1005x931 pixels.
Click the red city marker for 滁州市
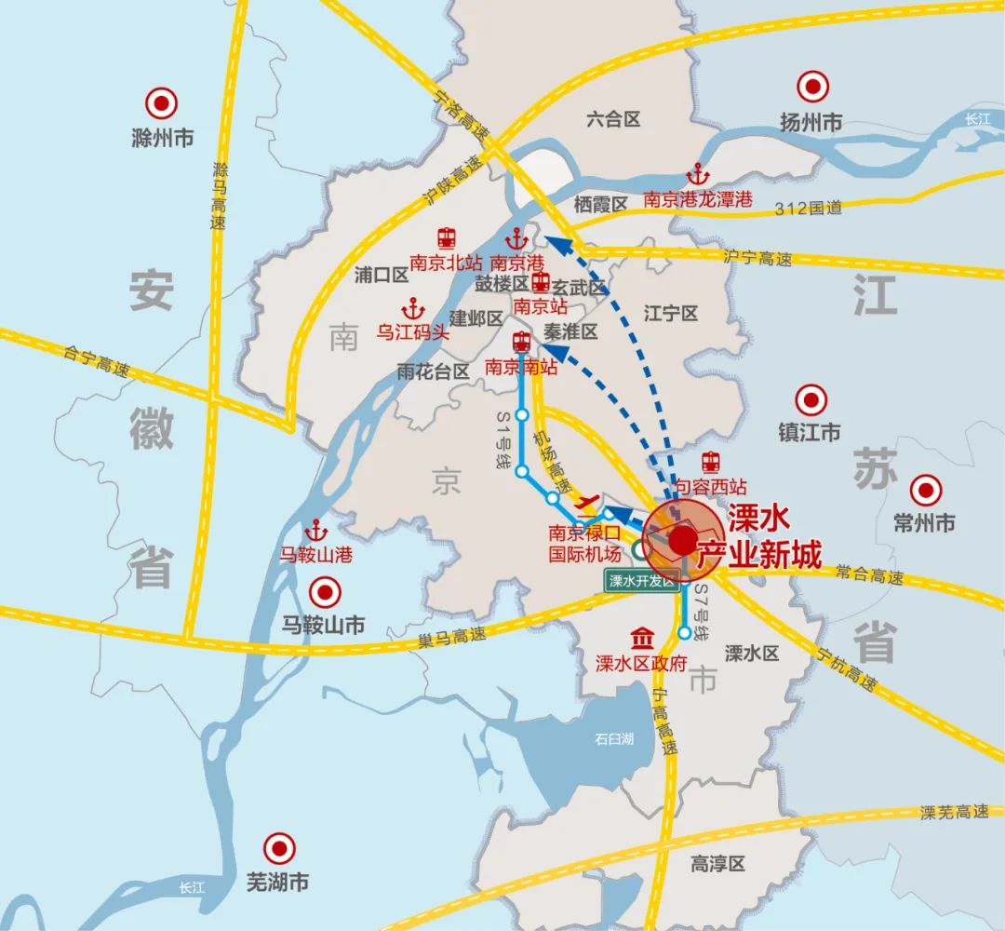[x=163, y=101]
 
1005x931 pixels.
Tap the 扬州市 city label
[x=811, y=122]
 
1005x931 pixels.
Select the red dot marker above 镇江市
[x=811, y=400]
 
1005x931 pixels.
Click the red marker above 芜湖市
[x=276, y=847]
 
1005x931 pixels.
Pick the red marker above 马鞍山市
[x=325, y=591]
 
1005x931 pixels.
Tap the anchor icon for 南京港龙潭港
[x=697, y=174]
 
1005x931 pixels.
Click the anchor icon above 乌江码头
[x=411, y=307]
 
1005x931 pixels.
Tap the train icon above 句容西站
[x=711, y=462]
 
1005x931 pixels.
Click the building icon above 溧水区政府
[x=641, y=640]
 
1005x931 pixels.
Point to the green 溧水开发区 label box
[x=640, y=582]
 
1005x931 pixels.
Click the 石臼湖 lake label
[x=614, y=739]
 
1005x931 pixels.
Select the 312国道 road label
[x=808, y=209]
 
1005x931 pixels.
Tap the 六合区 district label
[x=614, y=119]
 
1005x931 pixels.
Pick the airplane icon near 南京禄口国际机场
[x=586, y=504]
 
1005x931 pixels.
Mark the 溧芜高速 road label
[x=955, y=813]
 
